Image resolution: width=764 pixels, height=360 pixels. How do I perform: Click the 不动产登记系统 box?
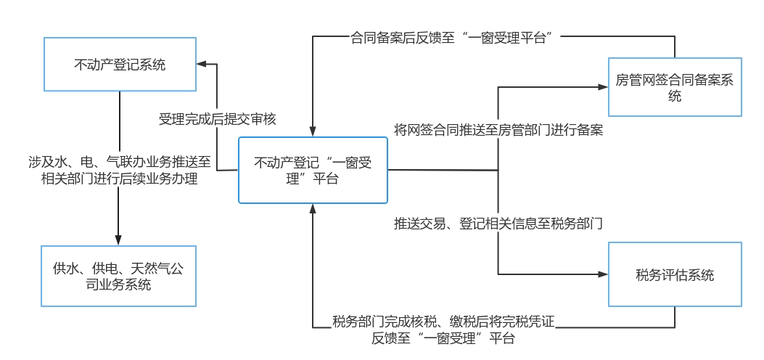pyautogui.click(x=120, y=65)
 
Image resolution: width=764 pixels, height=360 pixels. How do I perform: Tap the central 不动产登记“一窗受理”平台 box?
pyautogui.click(x=313, y=171)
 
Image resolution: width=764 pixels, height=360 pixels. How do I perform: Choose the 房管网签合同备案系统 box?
pyautogui.click(x=675, y=86)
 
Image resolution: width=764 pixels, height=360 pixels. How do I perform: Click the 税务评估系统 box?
pyautogui.click(x=675, y=274)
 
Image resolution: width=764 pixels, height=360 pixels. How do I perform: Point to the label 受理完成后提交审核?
pyautogui.click(x=217, y=118)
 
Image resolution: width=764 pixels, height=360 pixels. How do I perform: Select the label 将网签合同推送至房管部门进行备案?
pyautogui.click(x=498, y=131)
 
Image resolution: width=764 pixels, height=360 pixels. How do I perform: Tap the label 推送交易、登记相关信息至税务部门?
pyautogui.click(x=498, y=223)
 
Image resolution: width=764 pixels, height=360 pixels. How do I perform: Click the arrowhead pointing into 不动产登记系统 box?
pyautogui.click(x=202, y=65)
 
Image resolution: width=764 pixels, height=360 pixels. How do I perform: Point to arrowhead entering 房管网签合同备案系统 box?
pyautogui.click(x=603, y=86)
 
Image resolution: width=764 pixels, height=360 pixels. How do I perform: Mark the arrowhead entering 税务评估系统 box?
pyautogui.click(x=603, y=274)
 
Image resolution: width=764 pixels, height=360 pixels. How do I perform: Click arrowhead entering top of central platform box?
pyautogui.click(x=313, y=131)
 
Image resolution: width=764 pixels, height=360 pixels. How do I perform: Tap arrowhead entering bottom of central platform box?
pyautogui.click(x=313, y=209)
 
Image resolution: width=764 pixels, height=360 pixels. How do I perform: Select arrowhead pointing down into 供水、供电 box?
pyautogui.click(x=118, y=240)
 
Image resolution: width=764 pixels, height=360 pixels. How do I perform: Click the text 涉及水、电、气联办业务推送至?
pyautogui.click(x=118, y=162)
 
